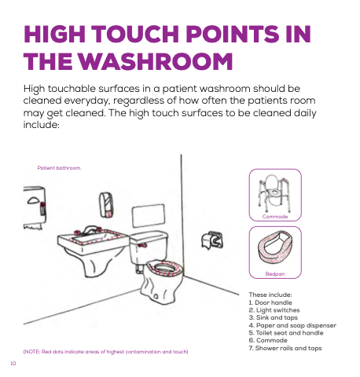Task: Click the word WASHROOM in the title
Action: coord(156,61)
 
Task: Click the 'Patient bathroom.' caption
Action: coord(60,168)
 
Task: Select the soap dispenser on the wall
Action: coord(106,205)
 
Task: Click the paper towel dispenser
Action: coord(35,207)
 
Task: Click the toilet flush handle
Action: coord(142,245)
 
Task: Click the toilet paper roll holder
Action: coord(212,240)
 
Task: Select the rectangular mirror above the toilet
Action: coord(149,215)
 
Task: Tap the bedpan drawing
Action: coord(275,247)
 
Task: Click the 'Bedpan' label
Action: coord(275,274)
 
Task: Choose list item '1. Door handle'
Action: coord(270,302)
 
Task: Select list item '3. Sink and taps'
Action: coord(274,317)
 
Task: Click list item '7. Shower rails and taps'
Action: coord(285,348)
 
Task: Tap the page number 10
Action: coord(13,364)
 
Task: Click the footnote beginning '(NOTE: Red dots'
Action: coord(105,352)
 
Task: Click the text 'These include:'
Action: coord(270,295)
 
